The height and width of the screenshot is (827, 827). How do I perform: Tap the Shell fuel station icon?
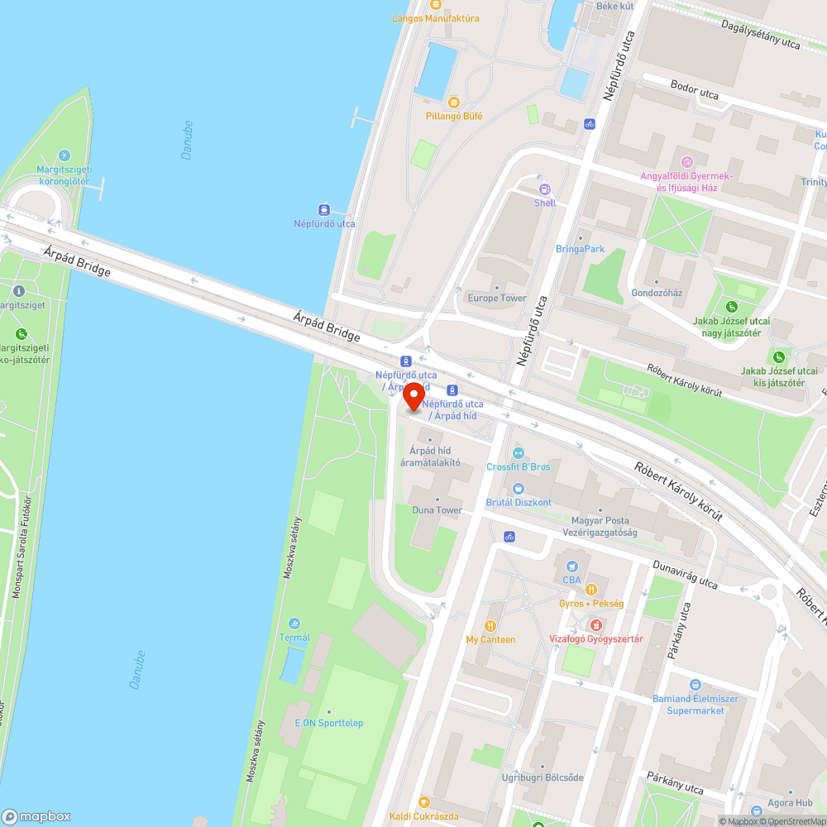[544, 189]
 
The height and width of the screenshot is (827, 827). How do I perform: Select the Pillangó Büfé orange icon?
[453, 102]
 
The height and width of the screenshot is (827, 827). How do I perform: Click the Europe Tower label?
[497, 298]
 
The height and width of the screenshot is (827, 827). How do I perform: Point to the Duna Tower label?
[437, 510]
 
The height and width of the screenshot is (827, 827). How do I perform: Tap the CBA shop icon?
[571, 566]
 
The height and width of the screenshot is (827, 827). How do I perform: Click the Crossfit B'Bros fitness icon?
[519, 452]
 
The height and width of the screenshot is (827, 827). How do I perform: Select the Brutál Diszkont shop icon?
[519, 489]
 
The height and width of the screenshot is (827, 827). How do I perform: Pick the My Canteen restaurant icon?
[490, 626]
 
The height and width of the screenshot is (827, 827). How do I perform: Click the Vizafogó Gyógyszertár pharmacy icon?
[595, 624]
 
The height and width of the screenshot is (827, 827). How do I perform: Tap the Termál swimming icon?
[294, 623]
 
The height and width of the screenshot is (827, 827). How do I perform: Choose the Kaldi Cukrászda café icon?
[424, 801]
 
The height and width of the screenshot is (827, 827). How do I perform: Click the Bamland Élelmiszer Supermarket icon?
[695, 685]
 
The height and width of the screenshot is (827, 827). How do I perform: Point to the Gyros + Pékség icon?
[591, 590]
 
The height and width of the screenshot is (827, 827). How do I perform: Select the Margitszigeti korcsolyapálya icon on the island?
[65, 155]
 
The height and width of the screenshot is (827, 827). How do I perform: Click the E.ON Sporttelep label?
[329, 723]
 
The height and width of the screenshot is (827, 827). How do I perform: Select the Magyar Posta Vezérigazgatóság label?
[600, 527]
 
